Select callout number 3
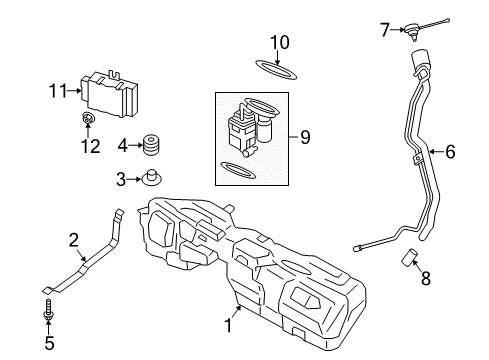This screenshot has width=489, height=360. coord(120,179)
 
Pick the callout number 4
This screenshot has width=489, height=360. coord(121,145)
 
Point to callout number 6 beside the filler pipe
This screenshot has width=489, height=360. coord(449,152)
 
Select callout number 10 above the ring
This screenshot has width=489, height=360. coord(281,43)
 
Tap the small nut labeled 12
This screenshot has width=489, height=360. coord(88,122)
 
